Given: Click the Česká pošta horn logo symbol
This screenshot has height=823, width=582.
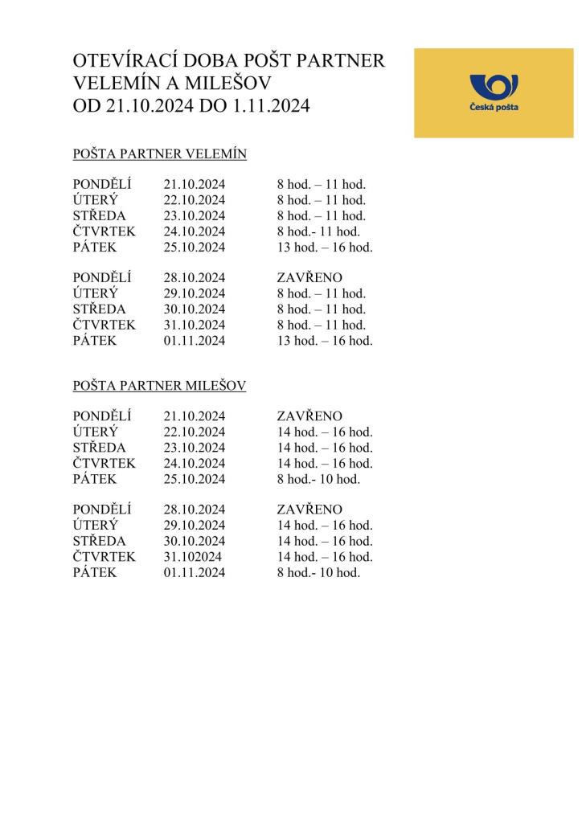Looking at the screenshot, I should (x=494, y=86).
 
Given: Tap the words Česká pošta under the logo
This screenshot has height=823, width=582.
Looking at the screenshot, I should (x=494, y=107).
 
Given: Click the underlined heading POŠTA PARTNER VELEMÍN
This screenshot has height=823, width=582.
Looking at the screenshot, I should (x=159, y=154).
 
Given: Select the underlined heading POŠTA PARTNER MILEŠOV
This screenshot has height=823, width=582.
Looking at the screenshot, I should (x=159, y=386).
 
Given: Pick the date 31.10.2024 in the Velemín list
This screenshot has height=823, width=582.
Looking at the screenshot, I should (x=195, y=325).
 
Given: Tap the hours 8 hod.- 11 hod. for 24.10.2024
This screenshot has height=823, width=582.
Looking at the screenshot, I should (x=318, y=231).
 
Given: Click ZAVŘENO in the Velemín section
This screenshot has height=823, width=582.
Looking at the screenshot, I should (x=309, y=278).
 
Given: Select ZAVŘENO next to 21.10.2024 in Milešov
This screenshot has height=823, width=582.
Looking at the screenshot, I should (x=309, y=416).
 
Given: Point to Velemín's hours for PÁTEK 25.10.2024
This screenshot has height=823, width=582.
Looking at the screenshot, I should (x=325, y=247).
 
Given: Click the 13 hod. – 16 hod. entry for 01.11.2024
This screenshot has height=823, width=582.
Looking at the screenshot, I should (x=325, y=341).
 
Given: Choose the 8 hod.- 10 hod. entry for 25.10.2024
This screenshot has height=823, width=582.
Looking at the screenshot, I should (x=318, y=479).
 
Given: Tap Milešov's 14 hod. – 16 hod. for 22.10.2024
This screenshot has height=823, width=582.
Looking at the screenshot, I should (x=325, y=432).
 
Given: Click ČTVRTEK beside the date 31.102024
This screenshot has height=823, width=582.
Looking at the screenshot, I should (x=105, y=556).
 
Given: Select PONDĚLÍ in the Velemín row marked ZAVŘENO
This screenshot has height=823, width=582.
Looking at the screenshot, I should (x=102, y=278).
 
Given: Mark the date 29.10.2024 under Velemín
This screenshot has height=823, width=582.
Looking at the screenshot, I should (x=195, y=293).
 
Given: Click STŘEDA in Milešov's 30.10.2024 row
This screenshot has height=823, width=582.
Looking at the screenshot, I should (x=100, y=541).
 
